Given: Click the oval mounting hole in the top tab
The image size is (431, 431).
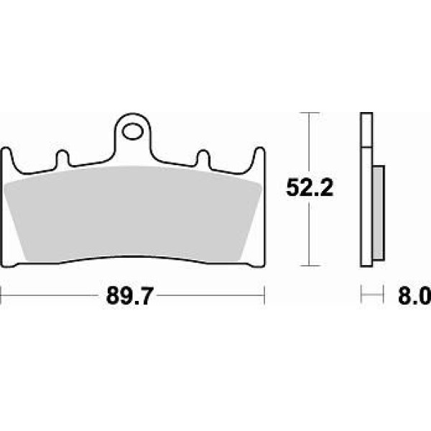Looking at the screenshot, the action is [133, 132].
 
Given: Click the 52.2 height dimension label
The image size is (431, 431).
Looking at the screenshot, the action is [310, 187].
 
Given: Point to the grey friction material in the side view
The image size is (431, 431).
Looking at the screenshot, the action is [379, 213].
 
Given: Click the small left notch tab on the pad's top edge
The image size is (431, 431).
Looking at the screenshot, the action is [62, 158].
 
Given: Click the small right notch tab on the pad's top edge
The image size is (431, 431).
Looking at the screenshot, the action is [203, 158].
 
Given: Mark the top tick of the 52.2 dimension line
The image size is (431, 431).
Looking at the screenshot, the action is [310, 113].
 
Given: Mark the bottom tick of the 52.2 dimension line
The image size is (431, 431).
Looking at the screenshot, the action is [310, 266].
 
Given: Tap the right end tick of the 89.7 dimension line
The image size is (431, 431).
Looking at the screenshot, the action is [264, 295].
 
